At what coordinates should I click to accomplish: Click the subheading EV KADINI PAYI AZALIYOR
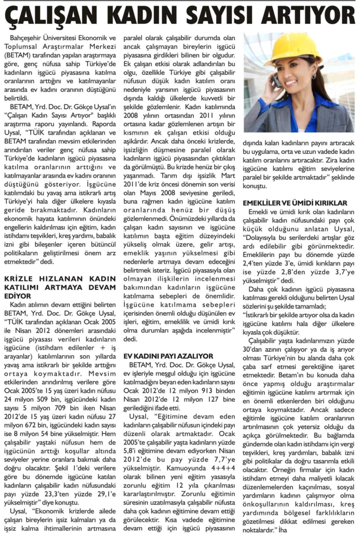click(x=168, y=356)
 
